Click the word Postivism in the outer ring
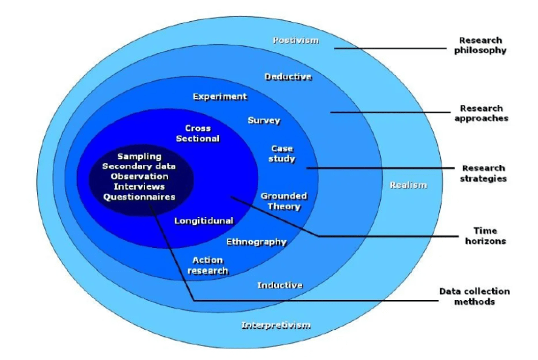(295, 41)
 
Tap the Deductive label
(288, 76)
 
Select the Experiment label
(220, 96)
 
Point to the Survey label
(264, 120)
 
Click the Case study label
(282, 153)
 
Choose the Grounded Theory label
(284, 201)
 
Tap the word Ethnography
(256, 242)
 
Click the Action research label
(207, 265)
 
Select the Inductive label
(280, 285)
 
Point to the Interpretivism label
(276, 325)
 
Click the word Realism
(408, 185)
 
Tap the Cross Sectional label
(198, 133)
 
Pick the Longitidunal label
(204, 221)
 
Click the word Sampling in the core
(140, 156)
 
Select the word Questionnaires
(139, 197)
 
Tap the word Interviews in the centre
(139, 187)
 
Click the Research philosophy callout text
(480, 45)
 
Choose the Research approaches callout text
(480, 114)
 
